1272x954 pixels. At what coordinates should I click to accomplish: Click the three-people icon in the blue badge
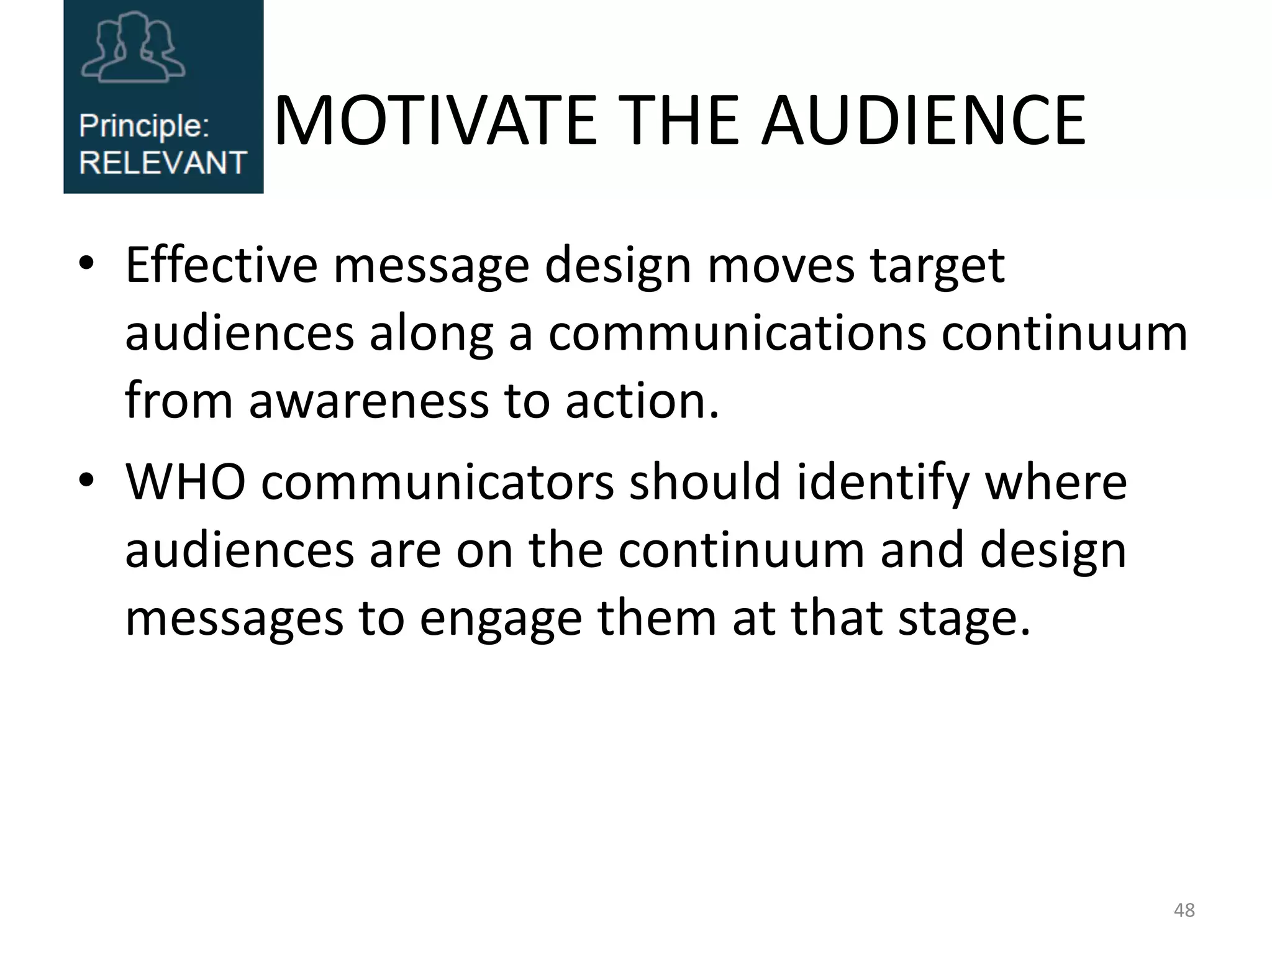[134, 48]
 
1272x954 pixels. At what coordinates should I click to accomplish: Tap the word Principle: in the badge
[144, 126]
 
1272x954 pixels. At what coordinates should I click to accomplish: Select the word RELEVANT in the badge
[163, 163]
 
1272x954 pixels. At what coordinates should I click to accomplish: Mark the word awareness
[368, 401]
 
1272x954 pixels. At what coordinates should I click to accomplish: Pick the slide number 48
[1184, 910]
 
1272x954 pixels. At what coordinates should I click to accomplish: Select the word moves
[781, 265]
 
